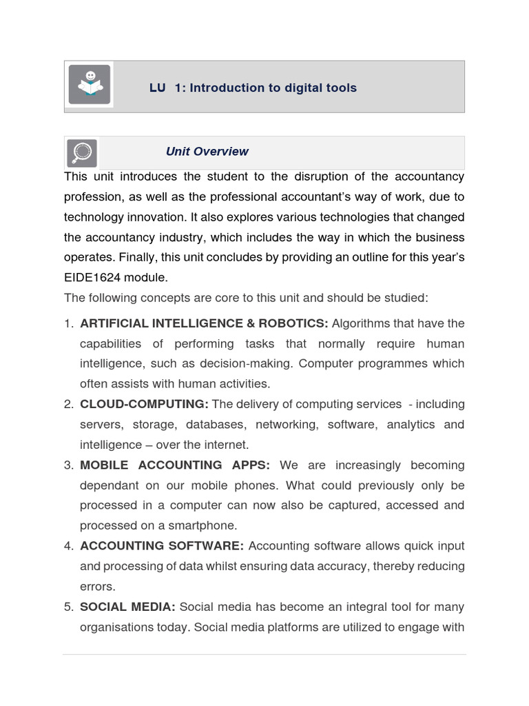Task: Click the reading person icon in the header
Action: coord(89,85)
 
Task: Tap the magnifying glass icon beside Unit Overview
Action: coord(82,152)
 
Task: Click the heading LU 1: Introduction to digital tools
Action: coord(253,88)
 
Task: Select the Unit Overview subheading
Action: coord(207,152)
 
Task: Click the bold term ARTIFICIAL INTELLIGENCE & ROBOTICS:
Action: coord(204,323)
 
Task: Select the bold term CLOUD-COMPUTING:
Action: coord(144,404)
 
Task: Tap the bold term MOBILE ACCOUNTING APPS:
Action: coord(175,465)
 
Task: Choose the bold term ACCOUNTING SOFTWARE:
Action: coord(162,546)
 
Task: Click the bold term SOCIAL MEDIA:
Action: coord(127,607)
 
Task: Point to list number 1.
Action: coord(68,323)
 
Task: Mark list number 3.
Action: coord(68,465)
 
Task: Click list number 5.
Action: coord(68,607)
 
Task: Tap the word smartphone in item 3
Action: coord(205,525)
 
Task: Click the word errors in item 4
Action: coord(98,586)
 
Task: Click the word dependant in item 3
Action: coord(110,485)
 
